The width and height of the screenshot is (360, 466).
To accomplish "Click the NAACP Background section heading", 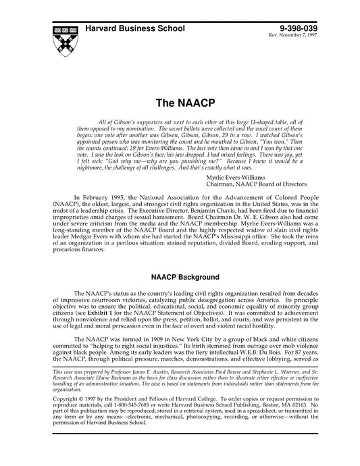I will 180,278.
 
